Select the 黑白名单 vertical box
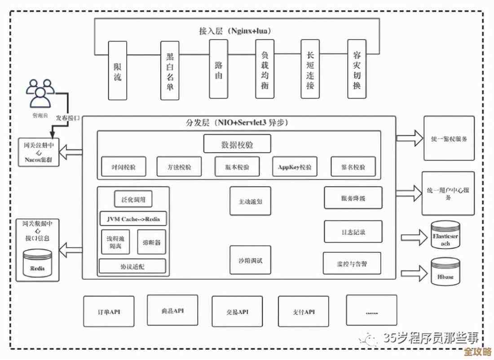pos(170,70)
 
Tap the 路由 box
pos(218,69)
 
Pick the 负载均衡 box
pos(265,69)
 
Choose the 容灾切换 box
pos(357,69)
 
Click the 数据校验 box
pos(237,144)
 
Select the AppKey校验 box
pos(294,167)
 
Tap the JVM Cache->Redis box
pos(133,219)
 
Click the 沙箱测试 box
pos(251,260)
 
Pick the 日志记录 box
pos(353,232)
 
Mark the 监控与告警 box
pos(352,263)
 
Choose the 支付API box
pos(304,311)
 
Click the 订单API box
pos(109,311)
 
